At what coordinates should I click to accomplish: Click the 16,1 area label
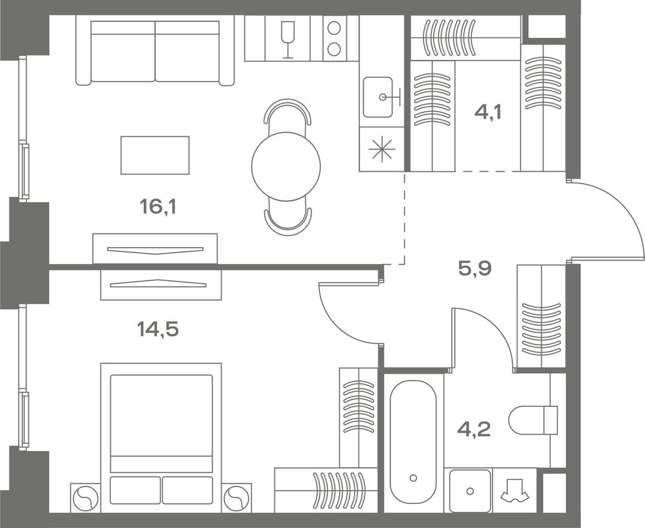point(158,206)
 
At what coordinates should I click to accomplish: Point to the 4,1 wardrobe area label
point(488,111)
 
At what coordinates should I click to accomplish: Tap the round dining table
point(286,166)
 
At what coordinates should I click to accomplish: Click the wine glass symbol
point(287,38)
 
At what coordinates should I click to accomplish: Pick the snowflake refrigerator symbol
point(382,149)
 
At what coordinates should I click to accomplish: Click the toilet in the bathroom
point(533,420)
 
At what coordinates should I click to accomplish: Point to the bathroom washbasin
point(470,491)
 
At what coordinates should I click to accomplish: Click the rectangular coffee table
point(155,155)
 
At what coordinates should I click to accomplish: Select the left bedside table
point(86,497)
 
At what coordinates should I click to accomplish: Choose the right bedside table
point(236,497)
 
